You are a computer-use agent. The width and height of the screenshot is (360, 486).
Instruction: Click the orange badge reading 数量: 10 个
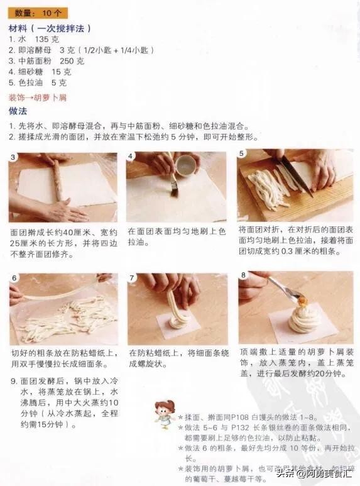[38, 13]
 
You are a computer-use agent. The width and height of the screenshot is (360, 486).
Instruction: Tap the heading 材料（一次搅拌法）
[50, 29]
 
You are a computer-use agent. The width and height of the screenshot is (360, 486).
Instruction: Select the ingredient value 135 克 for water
[46, 40]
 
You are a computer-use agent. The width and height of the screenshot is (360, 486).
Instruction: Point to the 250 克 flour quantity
[72, 61]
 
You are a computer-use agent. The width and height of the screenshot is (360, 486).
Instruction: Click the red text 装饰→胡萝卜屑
[38, 98]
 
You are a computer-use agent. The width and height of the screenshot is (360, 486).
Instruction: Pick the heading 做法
[18, 111]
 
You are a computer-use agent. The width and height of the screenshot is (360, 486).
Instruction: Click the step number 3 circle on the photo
[13, 157]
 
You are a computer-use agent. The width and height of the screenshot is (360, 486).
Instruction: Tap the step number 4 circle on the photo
[131, 156]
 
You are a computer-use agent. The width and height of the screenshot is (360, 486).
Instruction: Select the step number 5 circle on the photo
[241, 153]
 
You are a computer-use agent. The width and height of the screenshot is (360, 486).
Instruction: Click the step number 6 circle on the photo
[14, 278]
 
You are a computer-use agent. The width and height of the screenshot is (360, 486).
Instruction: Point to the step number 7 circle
[132, 278]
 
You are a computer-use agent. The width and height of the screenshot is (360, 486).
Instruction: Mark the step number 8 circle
[243, 275]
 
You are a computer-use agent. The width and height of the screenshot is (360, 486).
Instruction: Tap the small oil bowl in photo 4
[185, 166]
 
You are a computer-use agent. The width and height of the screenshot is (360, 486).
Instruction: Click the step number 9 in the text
[14, 381]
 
